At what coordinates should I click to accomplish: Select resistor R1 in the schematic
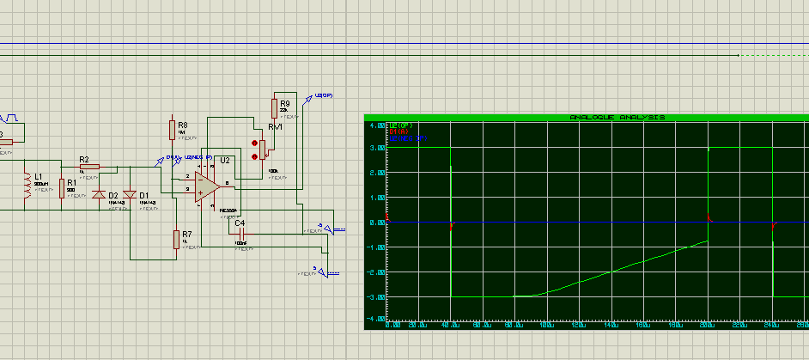(x=62, y=187)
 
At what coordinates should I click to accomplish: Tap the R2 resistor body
(x=90, y=167)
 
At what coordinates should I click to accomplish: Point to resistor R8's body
(x=172, y=128)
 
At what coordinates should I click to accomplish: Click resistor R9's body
(x=275, y=107)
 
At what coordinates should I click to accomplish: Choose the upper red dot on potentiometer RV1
(x=254, y=142)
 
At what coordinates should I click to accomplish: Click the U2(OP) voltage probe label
(x=325, y=95)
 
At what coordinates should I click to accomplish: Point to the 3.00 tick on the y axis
(x=375, y=149)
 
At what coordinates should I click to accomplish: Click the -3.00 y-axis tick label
(x=375, y=296)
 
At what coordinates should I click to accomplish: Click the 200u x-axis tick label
(x=708, y=326)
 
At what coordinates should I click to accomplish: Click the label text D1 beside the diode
(x=143, y=195)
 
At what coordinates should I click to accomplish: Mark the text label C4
(x=240, y=223)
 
